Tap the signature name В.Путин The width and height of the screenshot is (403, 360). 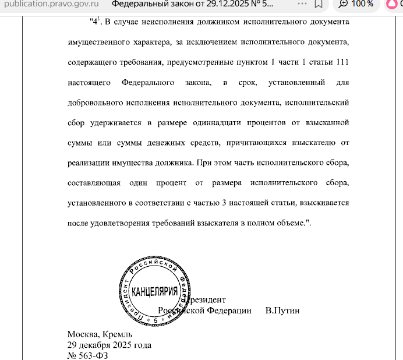click(x=282, y=310)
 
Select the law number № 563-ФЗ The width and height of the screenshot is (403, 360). click(x=88, y=354)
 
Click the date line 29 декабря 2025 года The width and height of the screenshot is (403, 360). click(x=109, y=344)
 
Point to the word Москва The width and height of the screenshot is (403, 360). click(x=83, y=334)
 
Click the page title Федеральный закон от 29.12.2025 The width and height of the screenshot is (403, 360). click(x=192, y=4)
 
